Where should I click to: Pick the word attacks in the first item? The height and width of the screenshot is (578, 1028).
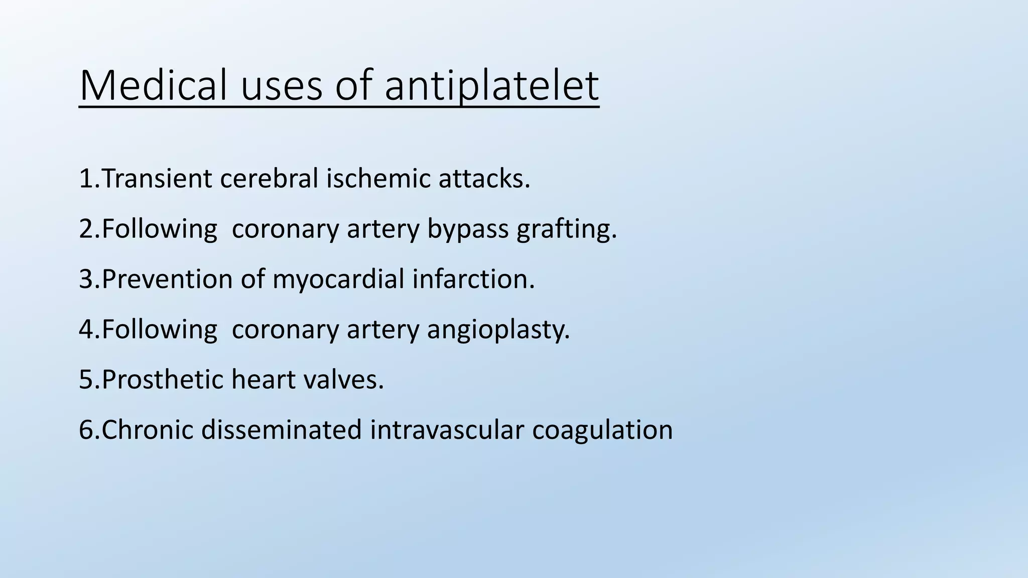[484, 179]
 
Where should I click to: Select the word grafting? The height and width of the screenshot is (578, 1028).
[566, 229]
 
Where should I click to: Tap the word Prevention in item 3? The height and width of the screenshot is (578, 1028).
[167, 279]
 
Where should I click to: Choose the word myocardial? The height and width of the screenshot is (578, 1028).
[338, 279]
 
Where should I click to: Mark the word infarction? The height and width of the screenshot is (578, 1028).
[473, 279]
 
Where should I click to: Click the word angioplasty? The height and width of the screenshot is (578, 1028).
[498, 330]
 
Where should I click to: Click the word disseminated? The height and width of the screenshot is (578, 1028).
[281, 430]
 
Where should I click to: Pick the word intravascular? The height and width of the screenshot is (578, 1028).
[447, 430]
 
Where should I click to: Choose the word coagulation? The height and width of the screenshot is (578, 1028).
[602, 430]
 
